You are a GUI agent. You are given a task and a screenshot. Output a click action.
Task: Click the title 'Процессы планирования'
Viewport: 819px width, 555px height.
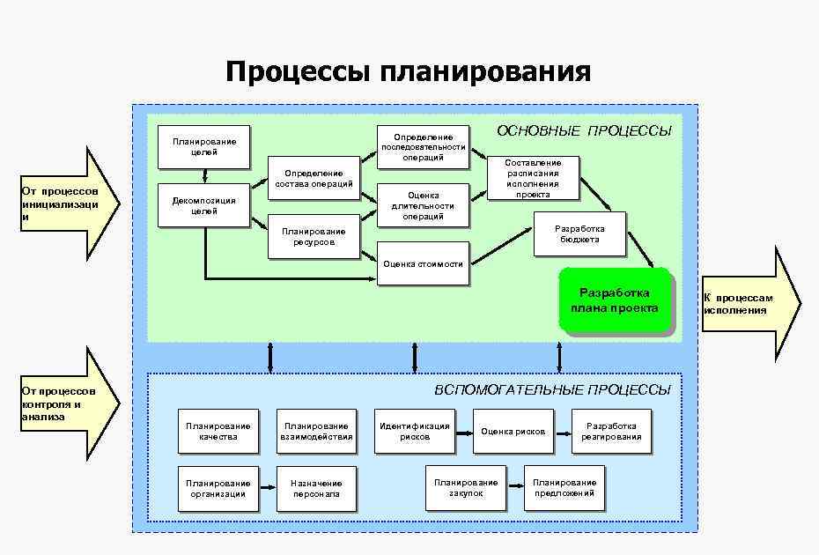(x=408, y=71)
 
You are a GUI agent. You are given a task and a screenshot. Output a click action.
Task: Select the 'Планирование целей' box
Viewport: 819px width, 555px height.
(x=204, y=146)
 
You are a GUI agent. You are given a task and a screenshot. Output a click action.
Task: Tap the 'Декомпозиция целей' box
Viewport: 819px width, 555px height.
(x=204, y=205)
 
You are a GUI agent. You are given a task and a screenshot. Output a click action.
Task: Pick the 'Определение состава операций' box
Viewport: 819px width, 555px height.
(x=314, y=178)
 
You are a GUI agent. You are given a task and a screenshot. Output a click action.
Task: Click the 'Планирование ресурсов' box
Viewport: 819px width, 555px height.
(x=314, y=236)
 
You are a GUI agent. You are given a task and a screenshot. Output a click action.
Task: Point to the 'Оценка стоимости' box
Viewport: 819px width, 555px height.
(x=423, y=263)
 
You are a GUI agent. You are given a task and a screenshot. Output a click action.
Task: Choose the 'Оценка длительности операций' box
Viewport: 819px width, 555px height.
(x=423, y=205)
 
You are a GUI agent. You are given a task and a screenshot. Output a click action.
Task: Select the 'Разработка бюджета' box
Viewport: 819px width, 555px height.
(x=579, y=233)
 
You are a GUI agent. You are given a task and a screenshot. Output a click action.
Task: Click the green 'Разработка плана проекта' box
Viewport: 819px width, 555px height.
(x=615, y=300)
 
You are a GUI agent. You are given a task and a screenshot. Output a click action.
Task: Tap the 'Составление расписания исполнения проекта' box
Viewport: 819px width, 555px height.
(x=533, y=178)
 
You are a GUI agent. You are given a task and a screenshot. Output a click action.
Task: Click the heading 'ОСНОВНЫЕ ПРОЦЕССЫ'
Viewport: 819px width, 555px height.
(x=584, y=131)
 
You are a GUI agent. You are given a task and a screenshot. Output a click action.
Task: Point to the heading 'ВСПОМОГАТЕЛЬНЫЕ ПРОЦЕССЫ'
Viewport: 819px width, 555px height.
(x=552, y=389)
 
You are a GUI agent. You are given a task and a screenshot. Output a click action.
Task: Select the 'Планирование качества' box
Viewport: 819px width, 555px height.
(x=218, y=431)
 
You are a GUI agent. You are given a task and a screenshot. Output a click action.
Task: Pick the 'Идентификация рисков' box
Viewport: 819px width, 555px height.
(x=415, y=431)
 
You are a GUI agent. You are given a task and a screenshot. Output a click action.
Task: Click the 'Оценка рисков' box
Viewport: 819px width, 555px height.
(x=513, y=432)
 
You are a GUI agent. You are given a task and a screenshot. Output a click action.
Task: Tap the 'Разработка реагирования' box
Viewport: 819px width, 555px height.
(x=611, y=431)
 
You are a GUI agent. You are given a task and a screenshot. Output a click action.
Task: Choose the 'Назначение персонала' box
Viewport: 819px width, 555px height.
(x=316, y=488)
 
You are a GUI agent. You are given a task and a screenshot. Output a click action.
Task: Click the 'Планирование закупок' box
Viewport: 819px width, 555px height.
(x=466, y=487)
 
